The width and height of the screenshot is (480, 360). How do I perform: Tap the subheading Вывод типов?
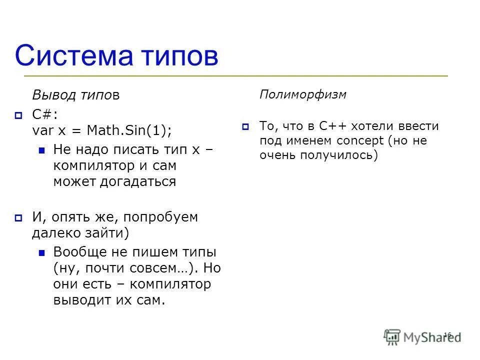[x=76, y=95]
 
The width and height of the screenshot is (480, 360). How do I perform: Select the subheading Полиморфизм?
[x=303, y=94]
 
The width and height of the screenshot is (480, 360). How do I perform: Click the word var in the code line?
[x=42, y=130]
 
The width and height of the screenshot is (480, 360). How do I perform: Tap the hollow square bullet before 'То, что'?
[x=245, y=127]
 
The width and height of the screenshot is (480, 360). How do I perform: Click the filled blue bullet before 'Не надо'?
[x=42, y=149]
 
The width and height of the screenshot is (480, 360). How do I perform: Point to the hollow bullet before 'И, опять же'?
[x=18, y=217]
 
